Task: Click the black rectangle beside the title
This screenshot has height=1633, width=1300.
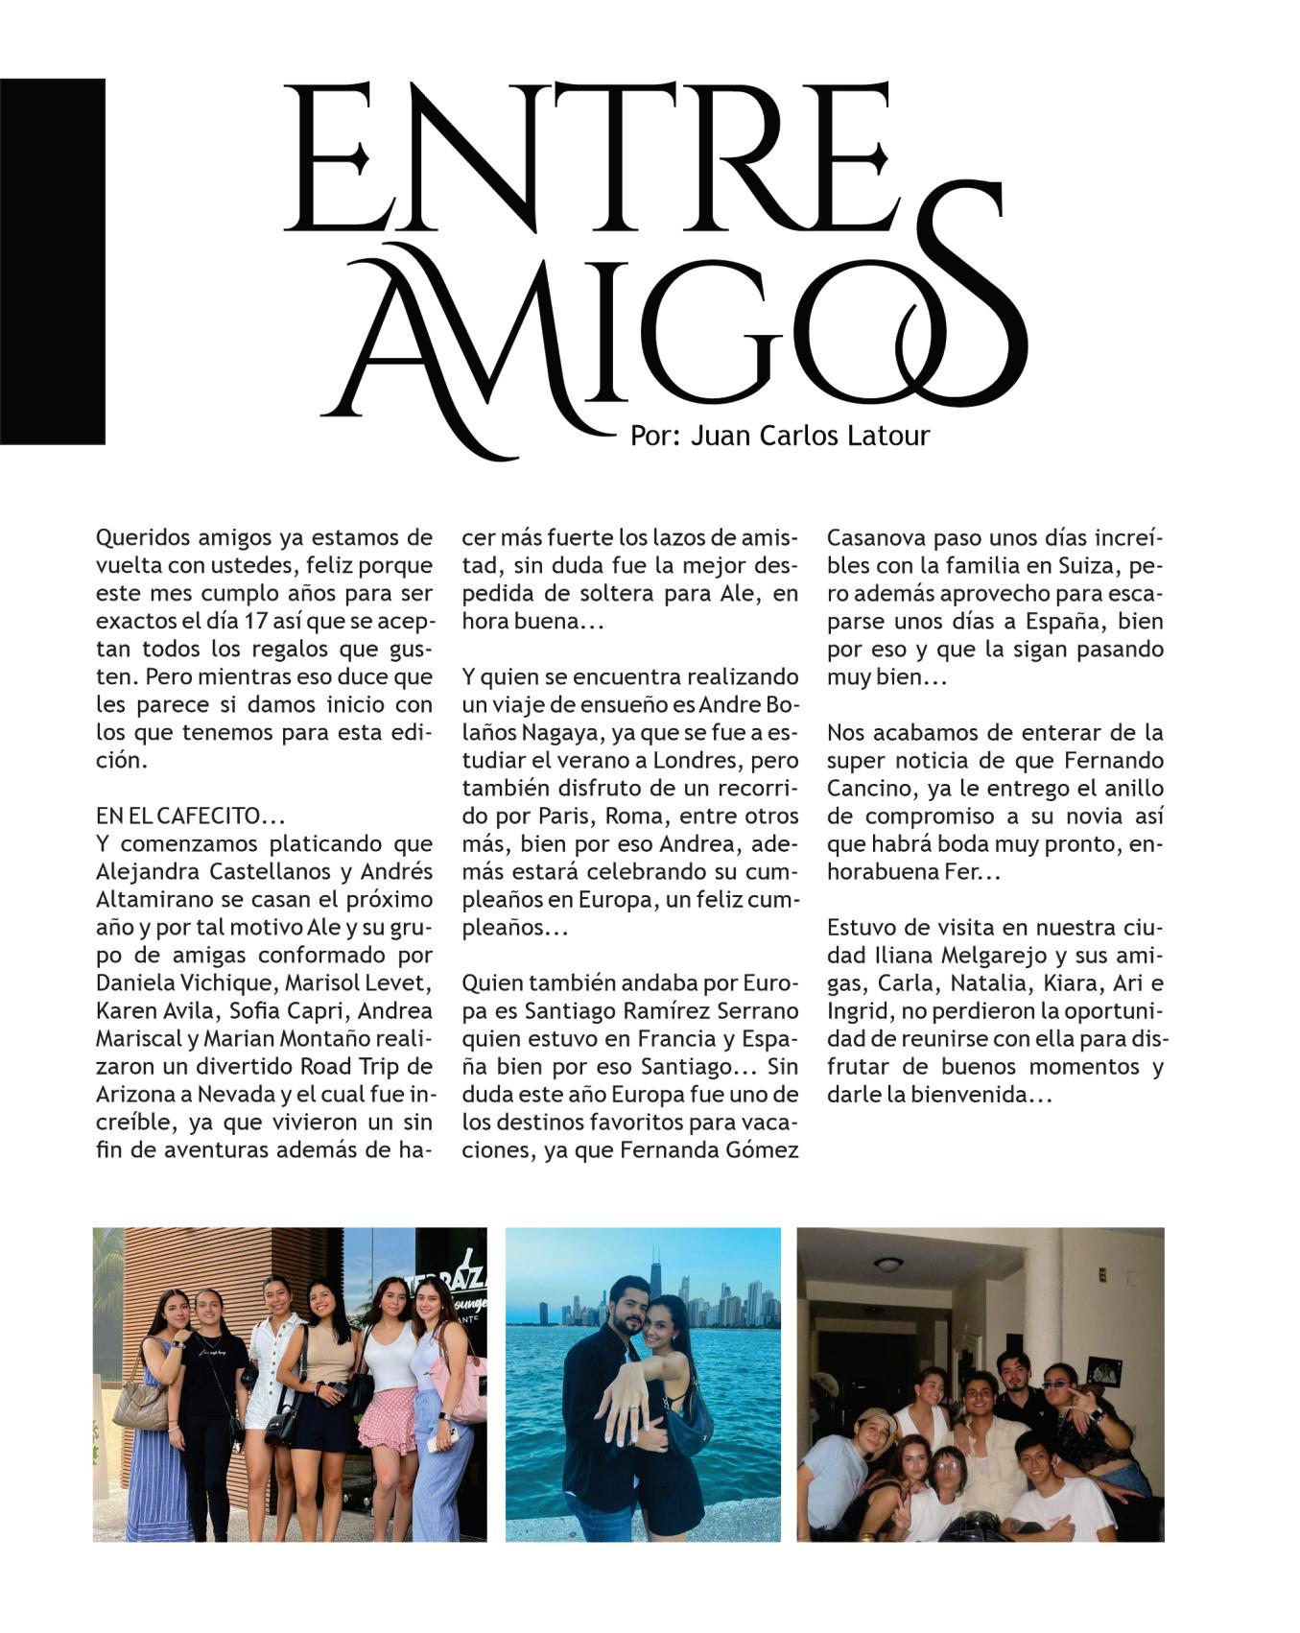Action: [x=52, y=261]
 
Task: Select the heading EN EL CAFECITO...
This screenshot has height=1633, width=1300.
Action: [x=190, y=816]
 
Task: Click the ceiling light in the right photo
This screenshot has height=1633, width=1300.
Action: [x=887, y=1264]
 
